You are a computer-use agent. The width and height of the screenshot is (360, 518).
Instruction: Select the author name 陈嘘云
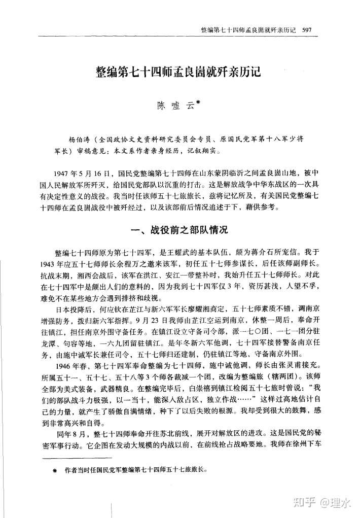tap(173, 106)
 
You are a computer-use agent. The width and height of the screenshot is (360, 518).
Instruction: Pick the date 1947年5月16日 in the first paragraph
tap(81, 172)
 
